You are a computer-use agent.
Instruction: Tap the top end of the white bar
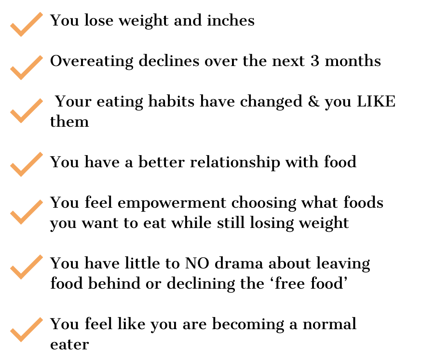tap(76, 62)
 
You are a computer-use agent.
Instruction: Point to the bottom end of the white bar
tap(76, 127)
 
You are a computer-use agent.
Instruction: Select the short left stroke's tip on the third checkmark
tap(12, 112)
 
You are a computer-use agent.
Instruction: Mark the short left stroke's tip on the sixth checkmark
tap(12, 268)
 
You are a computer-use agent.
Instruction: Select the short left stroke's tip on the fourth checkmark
tap(12, 165)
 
